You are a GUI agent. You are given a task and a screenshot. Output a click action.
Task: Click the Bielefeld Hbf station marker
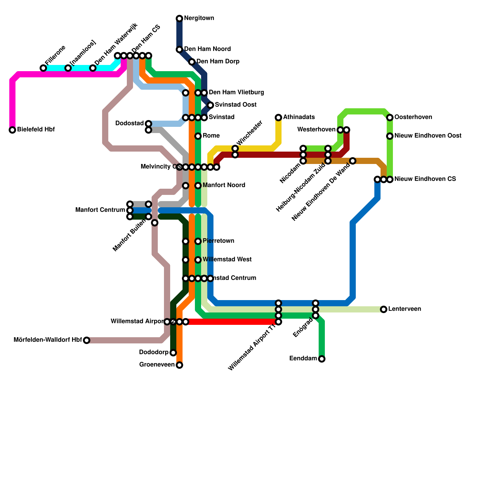[x=12, y=130]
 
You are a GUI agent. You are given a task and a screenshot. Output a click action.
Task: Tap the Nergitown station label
[x=199, y=18]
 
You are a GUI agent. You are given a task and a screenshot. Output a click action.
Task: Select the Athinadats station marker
[x=278, y=118]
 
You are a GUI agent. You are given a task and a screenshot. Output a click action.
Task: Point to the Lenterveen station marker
[x=384, y=309]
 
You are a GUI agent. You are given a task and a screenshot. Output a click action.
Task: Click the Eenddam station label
[x=303, y=359]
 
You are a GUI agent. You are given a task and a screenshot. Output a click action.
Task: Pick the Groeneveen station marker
[x=179, y=365]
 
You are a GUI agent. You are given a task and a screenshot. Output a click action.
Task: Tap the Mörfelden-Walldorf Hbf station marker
[x=87, y=340]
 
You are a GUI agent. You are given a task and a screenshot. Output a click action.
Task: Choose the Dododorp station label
[x=153, y=352]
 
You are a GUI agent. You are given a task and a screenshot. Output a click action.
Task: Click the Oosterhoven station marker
[x=390, y=118]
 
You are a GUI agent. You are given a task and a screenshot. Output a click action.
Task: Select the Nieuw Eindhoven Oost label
[x=428, y=136]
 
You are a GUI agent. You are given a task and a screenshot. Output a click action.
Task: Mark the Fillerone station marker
[x=43, y=68]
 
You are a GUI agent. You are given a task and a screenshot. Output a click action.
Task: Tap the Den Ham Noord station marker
[x=179, y=49]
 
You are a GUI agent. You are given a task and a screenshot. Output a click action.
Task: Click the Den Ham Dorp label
[x=218, y=62]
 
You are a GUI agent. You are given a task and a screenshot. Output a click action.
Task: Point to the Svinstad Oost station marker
[x=210, y=105]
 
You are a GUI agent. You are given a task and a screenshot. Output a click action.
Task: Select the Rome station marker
[x=198, y=136]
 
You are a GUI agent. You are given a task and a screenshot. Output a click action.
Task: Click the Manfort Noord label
[x=224, y=185]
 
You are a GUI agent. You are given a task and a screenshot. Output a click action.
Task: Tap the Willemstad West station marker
[x=198, y=260]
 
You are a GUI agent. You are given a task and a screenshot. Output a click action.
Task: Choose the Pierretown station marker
[x=198, y=241]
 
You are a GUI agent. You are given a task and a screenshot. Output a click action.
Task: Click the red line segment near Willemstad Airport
[x=232, y=322]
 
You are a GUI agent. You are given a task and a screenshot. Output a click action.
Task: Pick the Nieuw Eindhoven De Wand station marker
[x=353, y=161]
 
